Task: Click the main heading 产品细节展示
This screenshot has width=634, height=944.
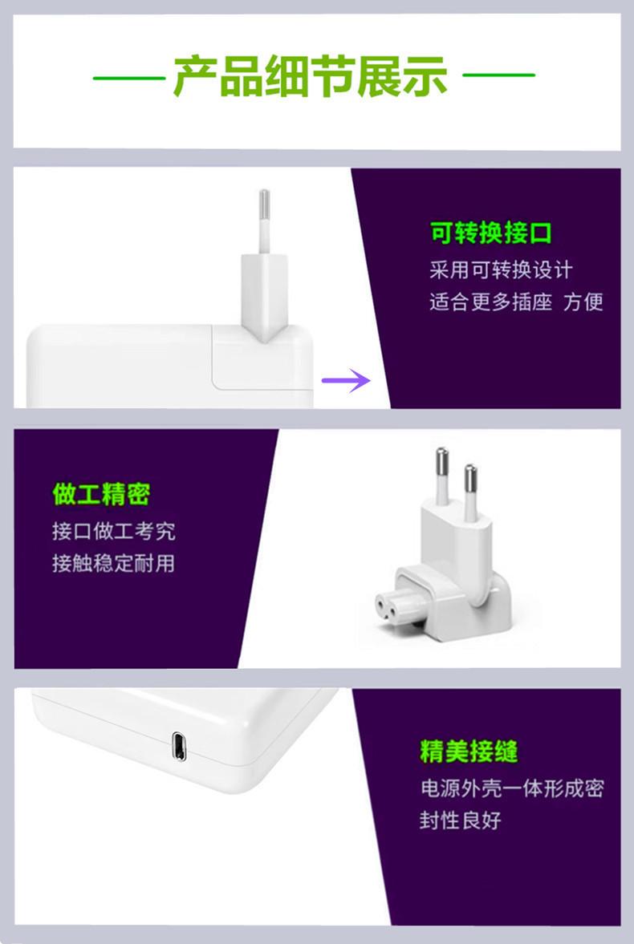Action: [x=311, y=77]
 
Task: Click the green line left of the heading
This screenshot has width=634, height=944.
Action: [x=128, y=78]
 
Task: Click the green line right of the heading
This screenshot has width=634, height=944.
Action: [x=498, y=76]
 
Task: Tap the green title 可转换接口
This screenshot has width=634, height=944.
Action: [x=491, y=233]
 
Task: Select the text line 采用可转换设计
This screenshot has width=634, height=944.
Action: [x=501, y=269]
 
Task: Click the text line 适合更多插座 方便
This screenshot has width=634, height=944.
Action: [x=516, y=302]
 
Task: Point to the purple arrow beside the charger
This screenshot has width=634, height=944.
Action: [x=346, y=379]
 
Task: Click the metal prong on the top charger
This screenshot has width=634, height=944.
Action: [x=264, y=210]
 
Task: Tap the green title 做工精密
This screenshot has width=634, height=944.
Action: [x=101, y=494]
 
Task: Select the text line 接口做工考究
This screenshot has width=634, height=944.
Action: [x=113, y=531]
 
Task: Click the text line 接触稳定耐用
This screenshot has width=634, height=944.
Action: [x=113, y=563]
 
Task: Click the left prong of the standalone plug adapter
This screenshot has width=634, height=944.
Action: [x=442, y=476]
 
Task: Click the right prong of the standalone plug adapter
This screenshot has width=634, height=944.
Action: [x=469, y=489]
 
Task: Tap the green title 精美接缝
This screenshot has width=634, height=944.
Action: [x=469, y=752]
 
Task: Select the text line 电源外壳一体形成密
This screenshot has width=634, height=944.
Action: [x=511, y=788]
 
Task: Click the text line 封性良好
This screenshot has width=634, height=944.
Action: [x=460, y=820]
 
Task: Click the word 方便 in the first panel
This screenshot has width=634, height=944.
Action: [x=583, y=302]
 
